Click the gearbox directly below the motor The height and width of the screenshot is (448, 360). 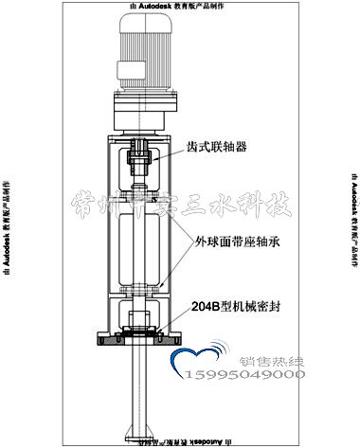point(144,107)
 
